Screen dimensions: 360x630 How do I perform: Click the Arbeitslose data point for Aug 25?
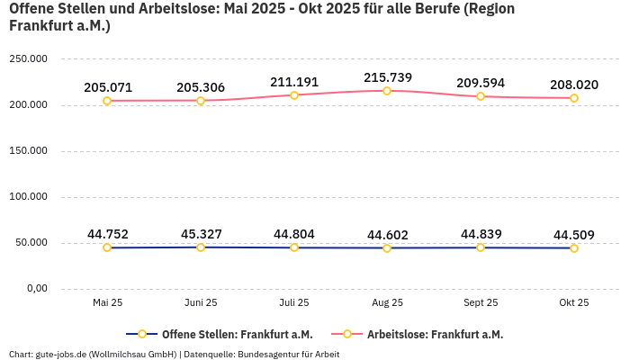coord(387,91)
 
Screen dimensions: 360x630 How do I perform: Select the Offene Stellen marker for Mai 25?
coord(107,247)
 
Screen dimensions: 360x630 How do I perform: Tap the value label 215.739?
coord(388,77)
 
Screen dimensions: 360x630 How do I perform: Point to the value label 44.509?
coord(574,235)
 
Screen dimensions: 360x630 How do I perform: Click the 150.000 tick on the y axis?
coord(29,151)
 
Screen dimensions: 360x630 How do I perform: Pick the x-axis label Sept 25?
coord(481,303)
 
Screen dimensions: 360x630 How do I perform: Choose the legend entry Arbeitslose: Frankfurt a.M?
coord(435,334)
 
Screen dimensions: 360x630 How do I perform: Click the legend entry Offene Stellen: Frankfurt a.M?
coord(237,334)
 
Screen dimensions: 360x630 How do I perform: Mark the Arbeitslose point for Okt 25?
coord(574,98)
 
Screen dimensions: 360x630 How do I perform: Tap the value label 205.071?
coord(108,87)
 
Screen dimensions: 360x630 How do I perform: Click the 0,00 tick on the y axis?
coord(36,289)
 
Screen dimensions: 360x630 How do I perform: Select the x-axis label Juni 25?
coord(201,303)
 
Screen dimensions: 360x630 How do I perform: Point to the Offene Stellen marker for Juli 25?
coord(294,247)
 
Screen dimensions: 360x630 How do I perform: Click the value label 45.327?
coord(201,234)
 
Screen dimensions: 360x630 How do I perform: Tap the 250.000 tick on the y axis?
coord(29,59)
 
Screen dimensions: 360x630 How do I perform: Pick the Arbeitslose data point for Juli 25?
coord(294,94)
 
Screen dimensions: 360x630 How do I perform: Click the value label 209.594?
coord(481,83)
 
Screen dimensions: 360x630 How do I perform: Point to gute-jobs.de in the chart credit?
coord(60,355)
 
